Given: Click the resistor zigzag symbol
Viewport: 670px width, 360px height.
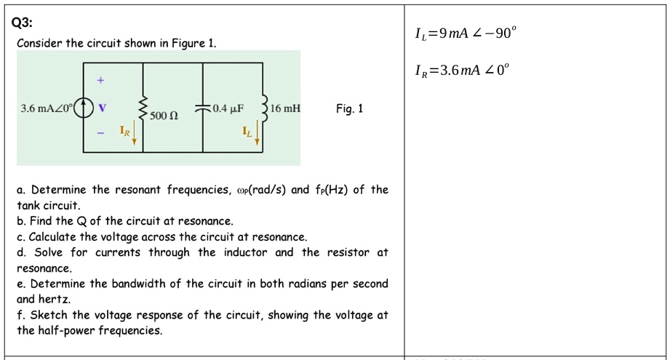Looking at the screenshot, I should tap(142, 108).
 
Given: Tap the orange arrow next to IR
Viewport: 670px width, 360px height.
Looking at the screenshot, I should tap(134, 137).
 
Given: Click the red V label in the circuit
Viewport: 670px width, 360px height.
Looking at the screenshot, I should tap(103, 109).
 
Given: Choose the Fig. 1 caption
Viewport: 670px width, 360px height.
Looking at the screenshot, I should tap(349, 109).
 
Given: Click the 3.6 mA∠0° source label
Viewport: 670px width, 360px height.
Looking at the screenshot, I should tap(47, 109).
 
